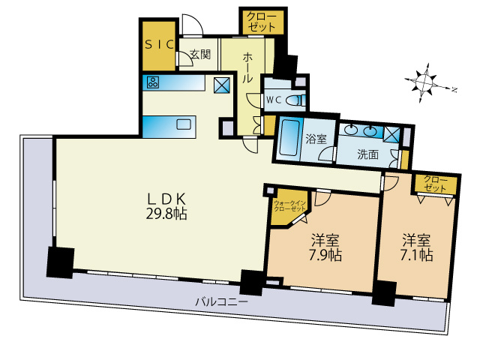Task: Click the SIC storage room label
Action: pyautogui.click(x=160, y=45)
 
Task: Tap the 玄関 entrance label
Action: pyautogui.click(x=200, y=55)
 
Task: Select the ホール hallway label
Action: pyautogui.click(x=247, y=67)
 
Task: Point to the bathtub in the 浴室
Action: pyautogui.click(x=288, y=136)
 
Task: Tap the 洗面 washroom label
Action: pyautogui.click(x=368, y=154)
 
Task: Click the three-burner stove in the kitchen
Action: pyautogui.click(x=153, y=82)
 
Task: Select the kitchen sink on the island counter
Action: pyautogui.click(x=184, y=124)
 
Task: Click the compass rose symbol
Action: pyautogui.click(x=424, y=82)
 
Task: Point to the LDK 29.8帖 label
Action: pyautogui.click(x=166, y=206)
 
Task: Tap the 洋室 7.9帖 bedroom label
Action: pyautogui.click(x=325, y=247)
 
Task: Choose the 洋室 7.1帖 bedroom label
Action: pyautogui.click(x=417, y=247)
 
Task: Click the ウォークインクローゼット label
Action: pyautogui.click(x=289, y=206)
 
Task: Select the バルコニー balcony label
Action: pyautogui.click(x=222, y=302)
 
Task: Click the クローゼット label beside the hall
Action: pyautogui.click(x=262, y=22)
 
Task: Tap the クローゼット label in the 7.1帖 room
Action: pyautogui.click(x=435, y=184)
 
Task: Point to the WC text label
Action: pyautogui.click(x=274, y=100)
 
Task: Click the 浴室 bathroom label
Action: pyautogui.click(x=316, y=139)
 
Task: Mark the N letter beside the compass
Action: pyautogui.click(x=454, y=90)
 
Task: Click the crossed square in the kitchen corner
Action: pyautogui.click(x=222, y=85)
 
